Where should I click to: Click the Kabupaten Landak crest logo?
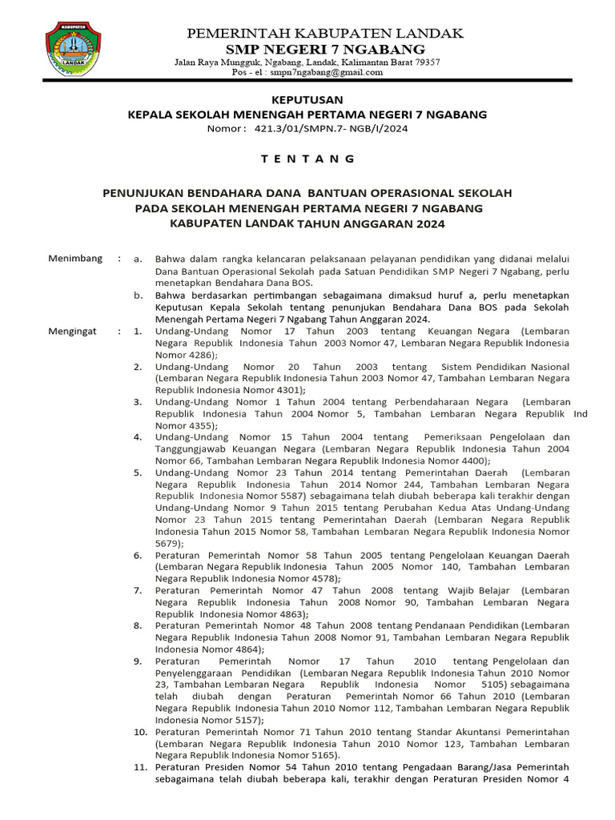pos(73,50)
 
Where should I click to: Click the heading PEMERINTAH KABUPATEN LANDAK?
pos(325,33)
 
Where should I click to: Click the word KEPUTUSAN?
pos(307,100)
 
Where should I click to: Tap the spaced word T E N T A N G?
pos(307,159)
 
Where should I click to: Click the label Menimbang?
pos(75,259)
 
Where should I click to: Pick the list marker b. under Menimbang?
pos(138,295)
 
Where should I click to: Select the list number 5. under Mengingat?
pos(138,472)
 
